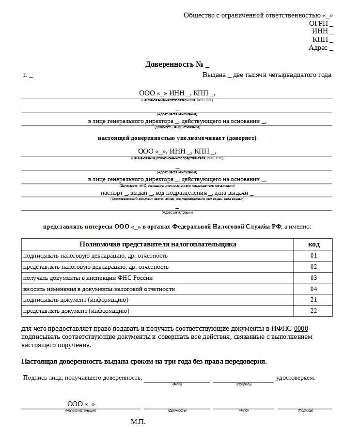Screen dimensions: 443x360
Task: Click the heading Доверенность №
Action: [x=177, y=64]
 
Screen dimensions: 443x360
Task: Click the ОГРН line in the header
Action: [x=321, y=23]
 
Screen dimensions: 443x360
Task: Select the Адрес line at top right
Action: [x=321, y=47]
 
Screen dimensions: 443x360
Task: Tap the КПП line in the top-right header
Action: [x=323, y=39]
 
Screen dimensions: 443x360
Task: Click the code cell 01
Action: [x=313, y=256]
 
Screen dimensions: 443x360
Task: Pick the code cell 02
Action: [x=313, y=267]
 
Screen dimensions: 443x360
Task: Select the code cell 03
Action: [x=313, y=278]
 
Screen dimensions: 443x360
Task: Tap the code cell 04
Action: [x=313, y=289]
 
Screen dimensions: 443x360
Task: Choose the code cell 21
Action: [x=313, y=300]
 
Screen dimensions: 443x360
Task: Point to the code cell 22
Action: [x=313, y=311]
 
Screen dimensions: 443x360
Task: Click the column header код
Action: [x=313, y=244]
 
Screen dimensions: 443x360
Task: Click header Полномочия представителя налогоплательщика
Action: [x=157, y=244]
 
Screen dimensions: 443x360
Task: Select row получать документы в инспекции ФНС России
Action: [x=88, y=278]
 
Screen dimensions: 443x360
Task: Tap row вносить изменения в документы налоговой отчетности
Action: [x=99, y=289]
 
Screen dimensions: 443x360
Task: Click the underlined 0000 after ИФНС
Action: [x=301, y=328]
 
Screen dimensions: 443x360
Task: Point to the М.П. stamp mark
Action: [x=138, y=422]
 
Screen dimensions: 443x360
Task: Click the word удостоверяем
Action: [x=296, y=377]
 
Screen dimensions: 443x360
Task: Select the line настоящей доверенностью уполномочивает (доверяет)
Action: [x=177, y=138]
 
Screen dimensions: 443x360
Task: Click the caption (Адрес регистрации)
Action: [x=177, y=213]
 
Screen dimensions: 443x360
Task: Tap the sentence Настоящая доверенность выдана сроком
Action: [x=144, y=361]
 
